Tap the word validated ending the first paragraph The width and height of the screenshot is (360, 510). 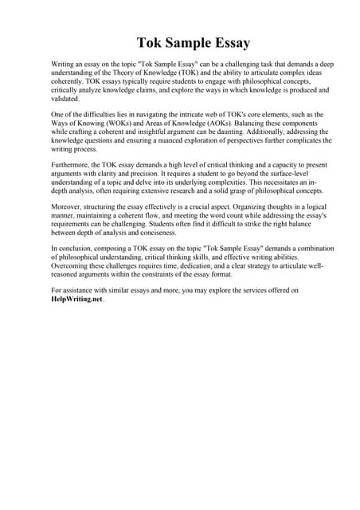(66, 100)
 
